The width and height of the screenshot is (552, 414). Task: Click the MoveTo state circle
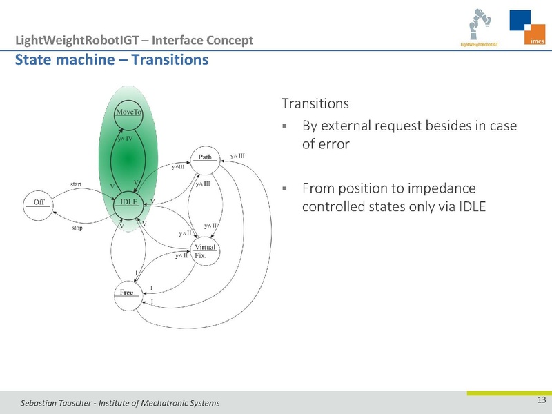[129, 114]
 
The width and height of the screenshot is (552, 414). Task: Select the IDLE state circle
[129, 201]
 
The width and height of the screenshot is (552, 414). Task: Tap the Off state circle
[38, 201]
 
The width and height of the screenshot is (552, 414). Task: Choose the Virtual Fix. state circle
[206, 251]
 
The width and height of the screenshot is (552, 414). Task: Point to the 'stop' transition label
[77, 227]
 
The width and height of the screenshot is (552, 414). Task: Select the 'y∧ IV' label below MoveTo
[124, 139]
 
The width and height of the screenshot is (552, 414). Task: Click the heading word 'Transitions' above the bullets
[315, 104]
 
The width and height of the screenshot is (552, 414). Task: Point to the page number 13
[541, 401]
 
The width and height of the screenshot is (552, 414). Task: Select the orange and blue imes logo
[527, 29]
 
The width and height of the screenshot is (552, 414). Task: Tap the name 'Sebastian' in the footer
[42, 403]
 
